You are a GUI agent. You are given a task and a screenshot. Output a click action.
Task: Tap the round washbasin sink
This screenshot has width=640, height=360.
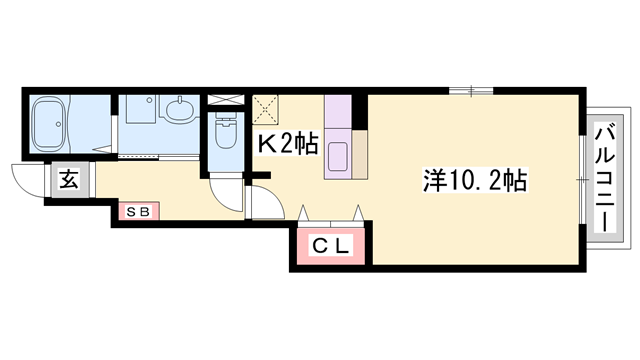coord(181,109)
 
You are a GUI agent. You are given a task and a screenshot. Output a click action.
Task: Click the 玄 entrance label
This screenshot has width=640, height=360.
coord(69,181)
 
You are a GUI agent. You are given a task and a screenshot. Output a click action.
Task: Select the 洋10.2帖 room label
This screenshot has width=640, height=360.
coord(475,181)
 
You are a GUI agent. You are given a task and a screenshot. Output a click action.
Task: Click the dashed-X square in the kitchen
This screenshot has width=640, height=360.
coord(266,107)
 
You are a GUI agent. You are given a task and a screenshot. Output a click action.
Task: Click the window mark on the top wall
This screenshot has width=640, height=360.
coord(471,92)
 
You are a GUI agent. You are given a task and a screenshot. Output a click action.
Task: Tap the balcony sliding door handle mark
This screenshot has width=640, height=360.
coord(582,180)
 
